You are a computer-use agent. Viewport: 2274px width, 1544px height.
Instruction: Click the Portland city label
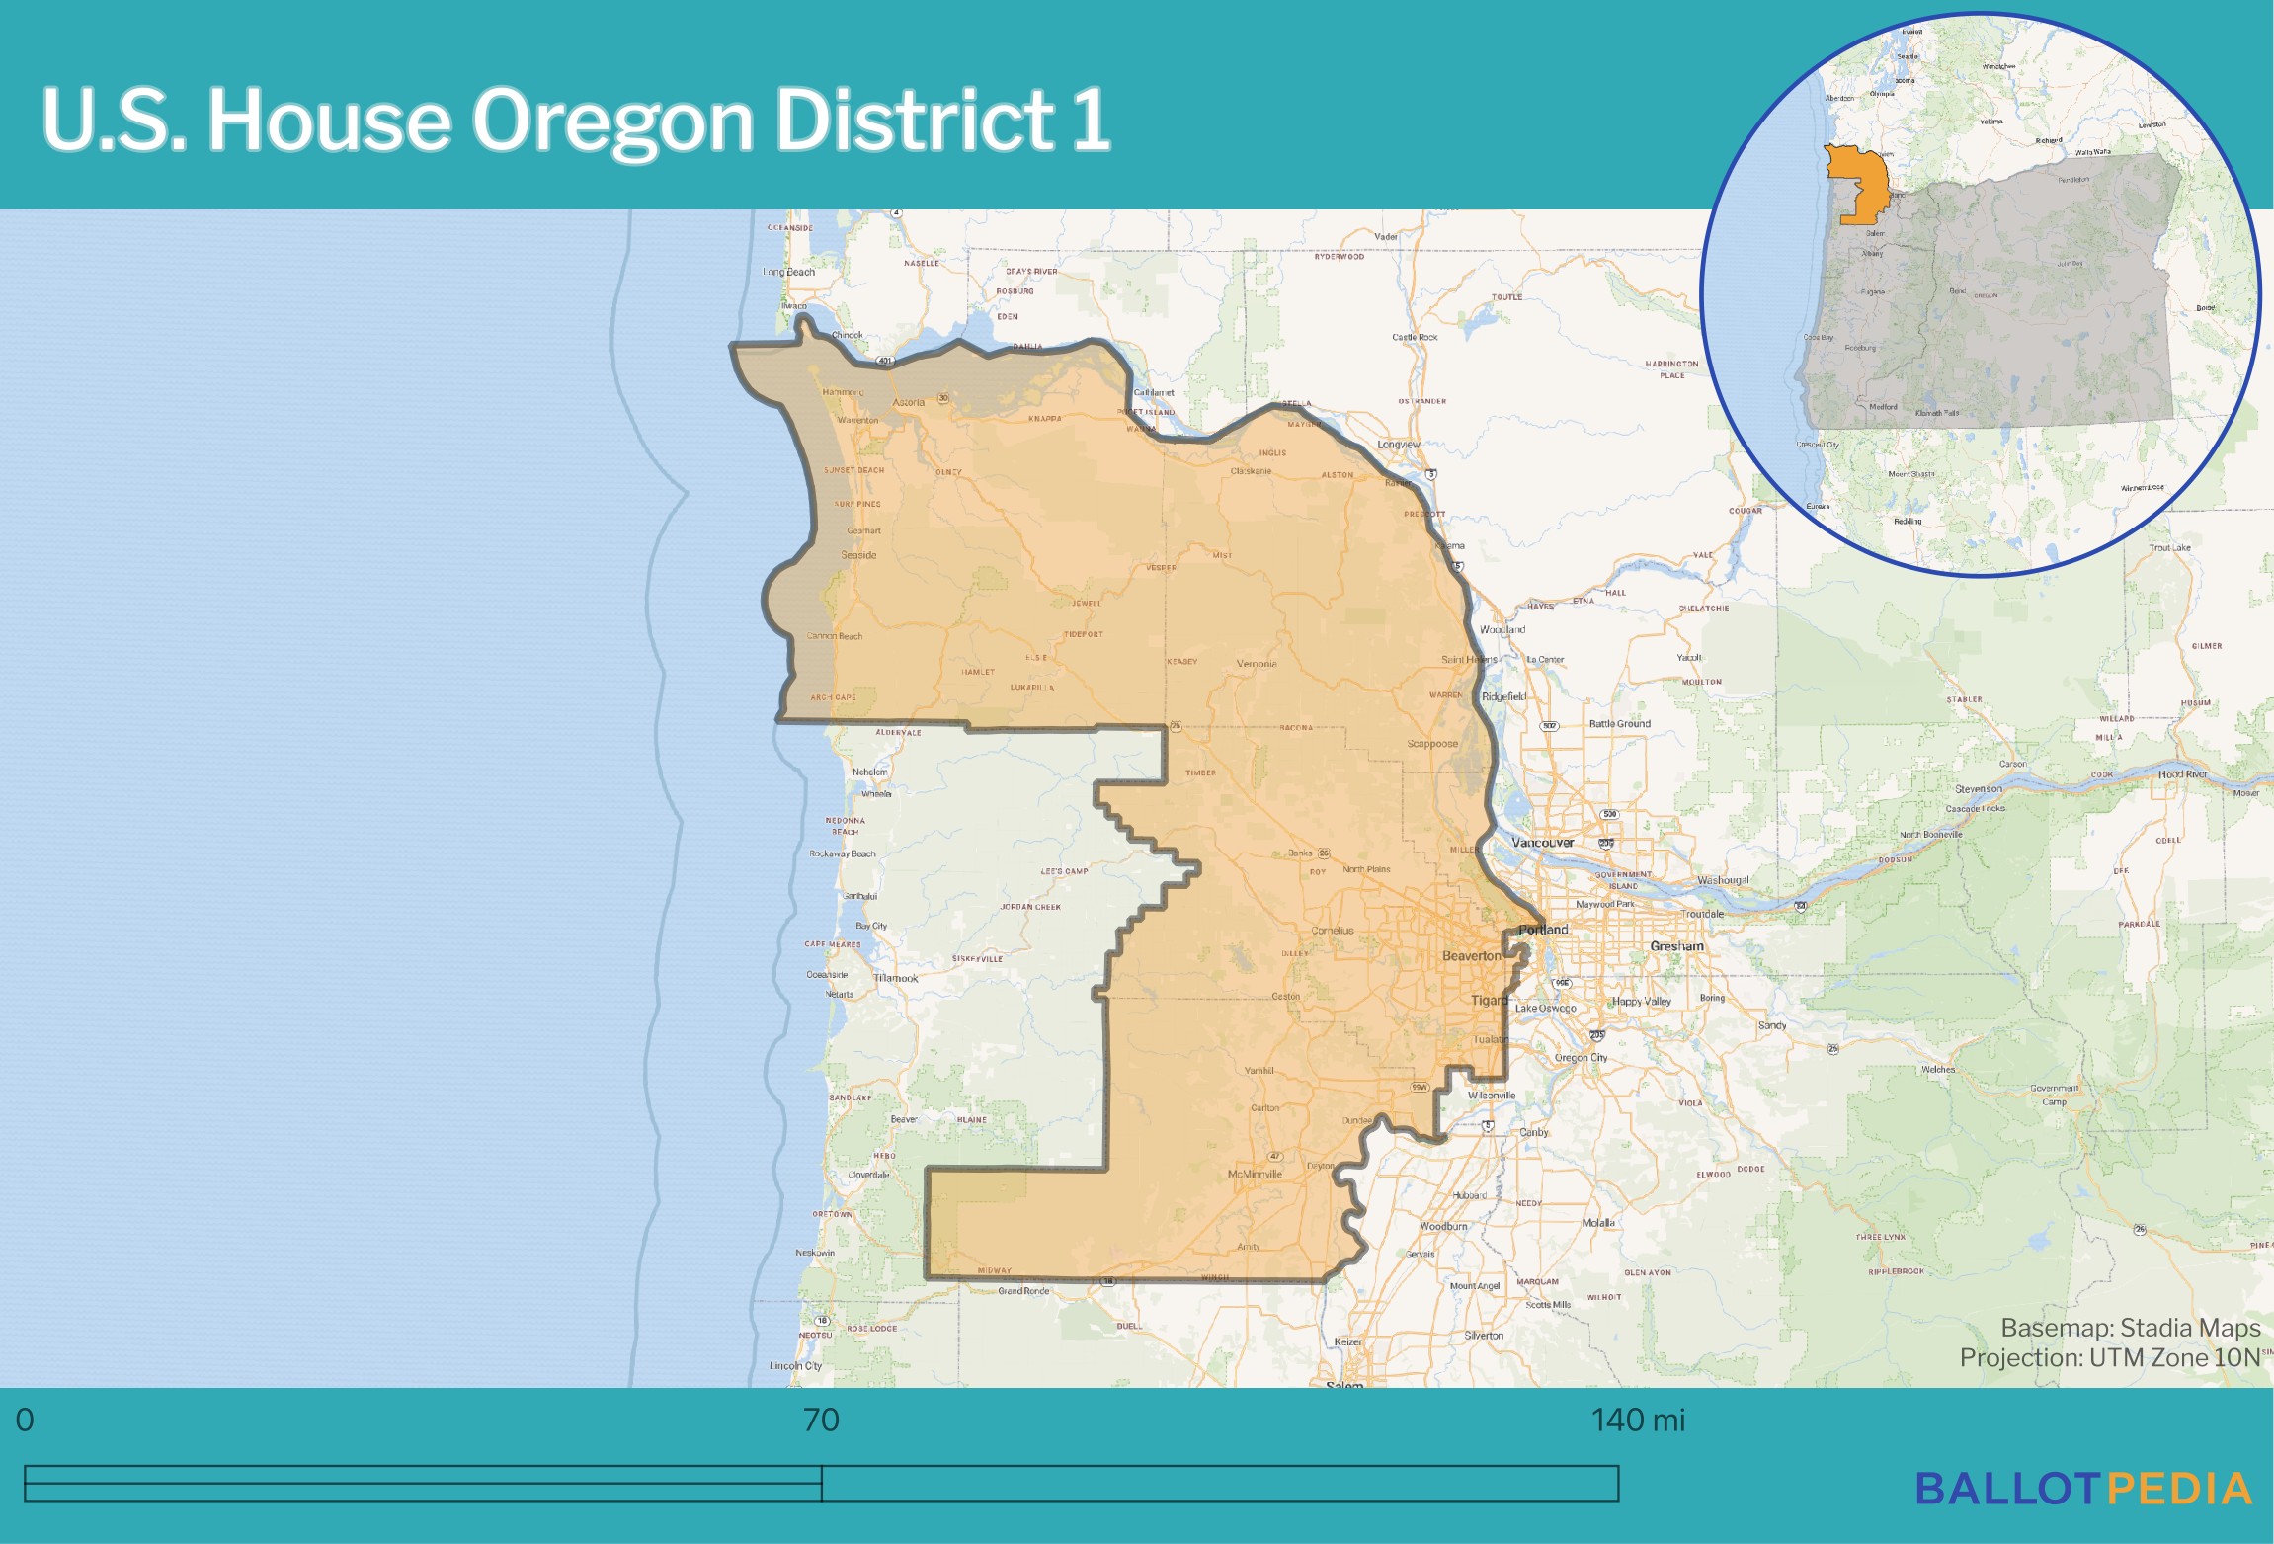click(1543, 930)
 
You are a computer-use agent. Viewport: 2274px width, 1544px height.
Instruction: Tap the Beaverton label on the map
click(1471, 956)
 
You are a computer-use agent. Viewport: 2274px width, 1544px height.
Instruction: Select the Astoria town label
click(909, 402)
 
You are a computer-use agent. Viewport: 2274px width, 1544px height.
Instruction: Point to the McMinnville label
click(1255, 1175)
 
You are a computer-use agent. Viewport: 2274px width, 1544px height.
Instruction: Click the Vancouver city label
click(1542, 843)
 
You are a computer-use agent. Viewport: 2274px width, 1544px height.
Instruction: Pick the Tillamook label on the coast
click(895, 978)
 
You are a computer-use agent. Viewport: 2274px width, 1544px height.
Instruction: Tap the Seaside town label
click(858, 555)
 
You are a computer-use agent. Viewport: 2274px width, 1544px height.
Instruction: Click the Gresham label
click(1676, 946)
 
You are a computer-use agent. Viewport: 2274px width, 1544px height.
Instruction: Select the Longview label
click(1399, 445)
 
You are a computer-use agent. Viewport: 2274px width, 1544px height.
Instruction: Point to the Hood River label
click(2182, 774)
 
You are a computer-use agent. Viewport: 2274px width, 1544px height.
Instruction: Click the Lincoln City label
click(795, 1366)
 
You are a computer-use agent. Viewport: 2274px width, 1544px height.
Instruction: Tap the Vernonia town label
click(1257, 664)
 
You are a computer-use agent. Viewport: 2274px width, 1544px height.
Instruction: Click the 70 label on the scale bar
click(821, 1421)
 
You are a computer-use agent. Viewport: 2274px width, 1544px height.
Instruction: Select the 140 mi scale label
click(1637, 1421)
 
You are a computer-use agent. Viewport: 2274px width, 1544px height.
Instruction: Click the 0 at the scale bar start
click(25, 1421)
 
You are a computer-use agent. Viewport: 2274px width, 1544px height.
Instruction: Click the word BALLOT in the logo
click(2008, 1490)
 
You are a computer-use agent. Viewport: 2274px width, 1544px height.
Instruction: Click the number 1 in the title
click(1091, 121)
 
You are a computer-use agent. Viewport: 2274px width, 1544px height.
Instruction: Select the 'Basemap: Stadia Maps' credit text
click(2130, 1328)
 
